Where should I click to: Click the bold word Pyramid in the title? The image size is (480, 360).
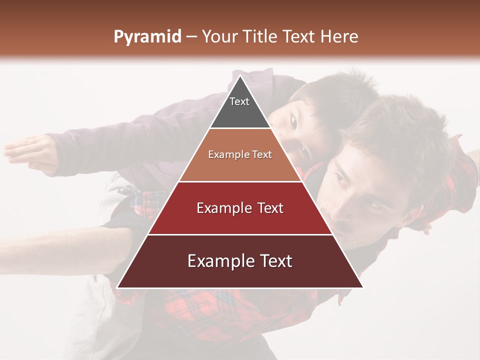(147, 37)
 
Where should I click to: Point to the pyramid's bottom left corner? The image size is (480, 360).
(118, 287)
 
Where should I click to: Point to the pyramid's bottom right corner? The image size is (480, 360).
(362, 287)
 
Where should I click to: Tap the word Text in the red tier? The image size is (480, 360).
(267, 208)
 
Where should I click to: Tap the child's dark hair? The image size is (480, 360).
(330, 95)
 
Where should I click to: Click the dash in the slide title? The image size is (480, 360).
(191, 37)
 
